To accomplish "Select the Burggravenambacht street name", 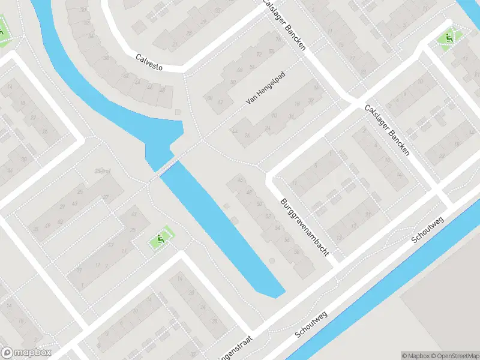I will pyautogui.click(x=305, y=224).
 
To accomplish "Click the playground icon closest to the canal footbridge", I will pyautogui.click(x=160, y=239).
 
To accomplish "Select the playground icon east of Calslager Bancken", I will pyautogui.click(x=446, y=38).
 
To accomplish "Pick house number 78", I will pyautogui.click(x=277, y=39).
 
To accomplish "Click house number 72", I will pyautogui.click(x=259, y=55).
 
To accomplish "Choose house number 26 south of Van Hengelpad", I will pyautogui.click(x=247, y=136).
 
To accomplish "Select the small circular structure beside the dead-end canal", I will pyautogui.click(x=271, y=260).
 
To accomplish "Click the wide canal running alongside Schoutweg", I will pyautogui.click(x=384, y=282).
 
